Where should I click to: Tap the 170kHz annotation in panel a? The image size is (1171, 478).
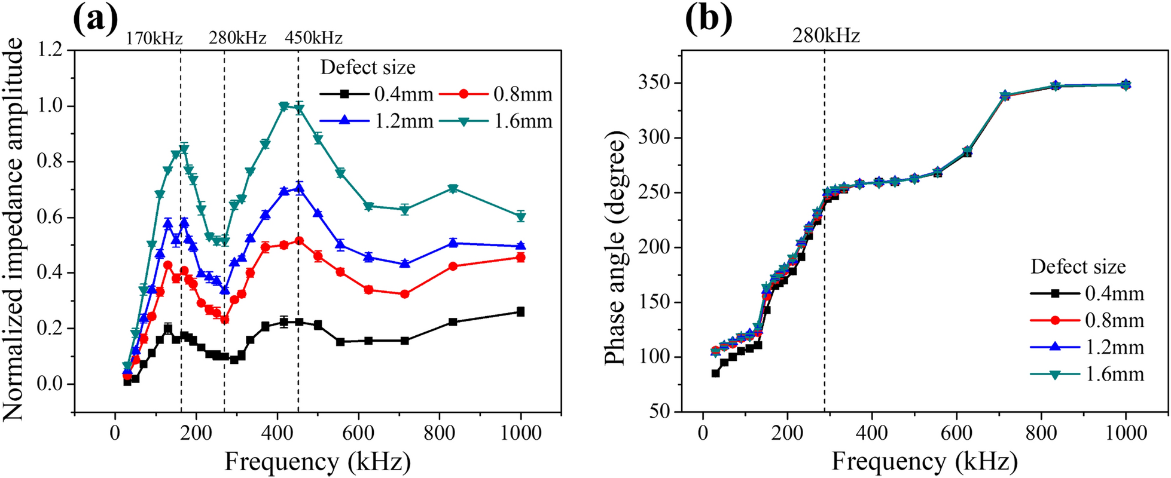154,39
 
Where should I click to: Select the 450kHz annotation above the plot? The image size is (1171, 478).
313,39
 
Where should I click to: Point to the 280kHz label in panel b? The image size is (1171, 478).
826,36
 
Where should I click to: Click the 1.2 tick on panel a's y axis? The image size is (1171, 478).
51,50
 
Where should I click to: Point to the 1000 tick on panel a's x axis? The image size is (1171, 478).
520,432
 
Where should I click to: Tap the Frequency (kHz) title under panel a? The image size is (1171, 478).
317,462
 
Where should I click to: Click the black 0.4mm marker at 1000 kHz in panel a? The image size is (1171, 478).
521,312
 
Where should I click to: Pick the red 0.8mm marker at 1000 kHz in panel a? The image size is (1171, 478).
521,258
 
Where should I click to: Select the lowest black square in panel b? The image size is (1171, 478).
715,373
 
